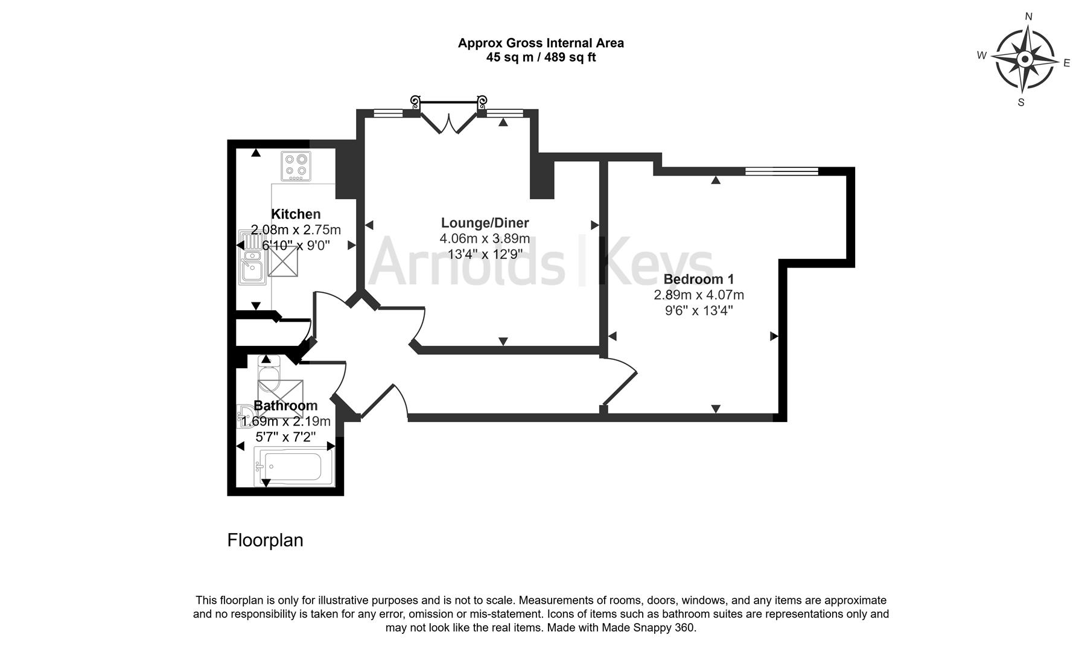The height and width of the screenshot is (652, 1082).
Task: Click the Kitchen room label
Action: (x=296, y=214)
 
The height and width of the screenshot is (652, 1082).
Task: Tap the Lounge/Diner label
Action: (x=485, y=223)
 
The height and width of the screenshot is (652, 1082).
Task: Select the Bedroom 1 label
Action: (x=698, y=280)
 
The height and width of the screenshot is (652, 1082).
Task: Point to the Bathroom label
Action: (x=285, y=406)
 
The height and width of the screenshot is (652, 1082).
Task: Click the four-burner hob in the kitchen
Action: (x=296, y=166)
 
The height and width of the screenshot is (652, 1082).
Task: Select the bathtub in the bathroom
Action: (x=294, y=467)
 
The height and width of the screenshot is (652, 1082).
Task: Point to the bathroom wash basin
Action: (x=246, y=414)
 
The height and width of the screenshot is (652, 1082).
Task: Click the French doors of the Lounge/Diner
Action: (x=448, y=118)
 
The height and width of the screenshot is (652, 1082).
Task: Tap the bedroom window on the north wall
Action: (x=781, y=171)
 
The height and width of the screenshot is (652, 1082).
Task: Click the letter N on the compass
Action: (x=1029, y=17)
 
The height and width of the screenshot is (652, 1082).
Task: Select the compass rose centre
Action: (x=1025, y=59)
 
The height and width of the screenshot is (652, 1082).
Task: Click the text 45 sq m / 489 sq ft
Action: (x=541, y=58)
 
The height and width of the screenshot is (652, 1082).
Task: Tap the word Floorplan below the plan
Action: (x=265, y=540)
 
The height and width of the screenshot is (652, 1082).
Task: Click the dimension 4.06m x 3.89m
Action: (x=485, y=238)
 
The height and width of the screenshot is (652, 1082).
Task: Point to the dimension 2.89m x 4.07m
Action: (x=698, y=295)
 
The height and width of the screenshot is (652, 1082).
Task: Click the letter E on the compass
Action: (x=1066, y=63)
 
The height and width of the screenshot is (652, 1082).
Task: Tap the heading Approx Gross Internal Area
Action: (x=541, y=43)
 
